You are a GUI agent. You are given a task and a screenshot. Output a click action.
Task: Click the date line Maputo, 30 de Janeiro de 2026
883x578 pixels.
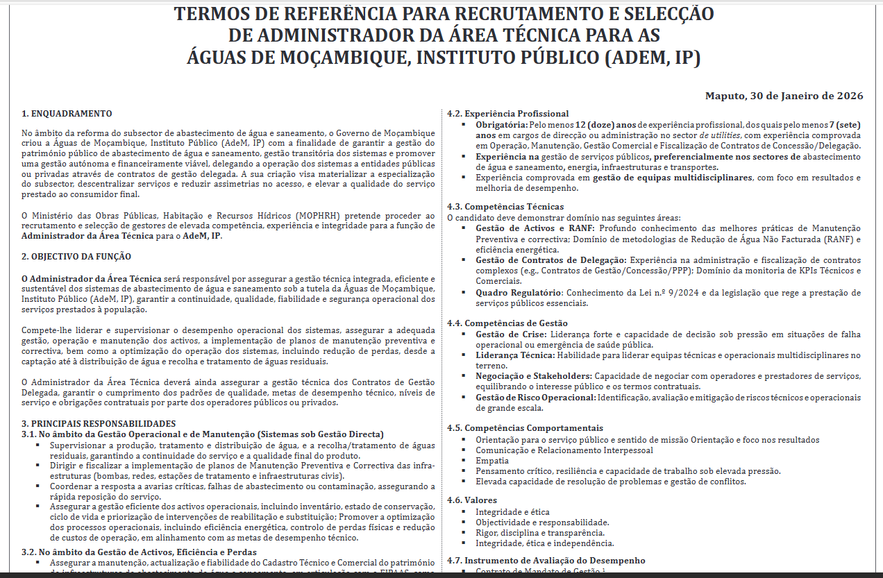tap(784, 96)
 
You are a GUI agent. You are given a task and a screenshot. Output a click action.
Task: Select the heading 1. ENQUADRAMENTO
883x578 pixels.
tap(67, 114)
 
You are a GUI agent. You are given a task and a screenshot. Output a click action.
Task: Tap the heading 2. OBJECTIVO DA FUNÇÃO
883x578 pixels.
tap(76, 256)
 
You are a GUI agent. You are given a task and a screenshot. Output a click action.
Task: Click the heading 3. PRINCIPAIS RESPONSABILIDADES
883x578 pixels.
tap(99, 423)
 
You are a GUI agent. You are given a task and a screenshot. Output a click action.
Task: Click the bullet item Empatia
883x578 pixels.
tap(491, 461)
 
